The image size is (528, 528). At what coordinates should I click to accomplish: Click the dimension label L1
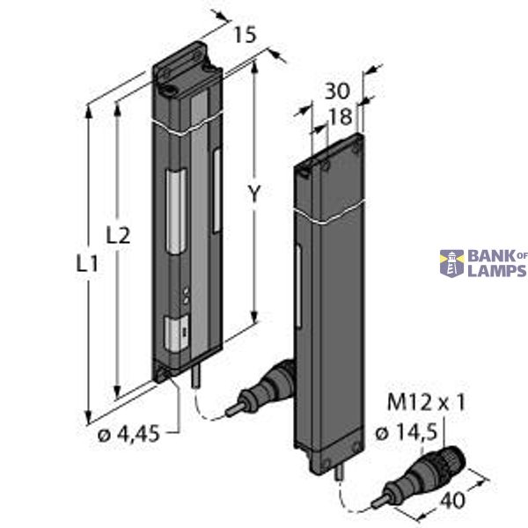[86, 261]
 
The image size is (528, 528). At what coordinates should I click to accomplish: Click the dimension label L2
[118, 235]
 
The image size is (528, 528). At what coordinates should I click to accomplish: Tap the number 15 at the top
[246, 35]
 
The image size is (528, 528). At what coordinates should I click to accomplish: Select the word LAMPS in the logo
[497, 271]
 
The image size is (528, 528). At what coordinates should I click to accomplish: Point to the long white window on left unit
[177, 211]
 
